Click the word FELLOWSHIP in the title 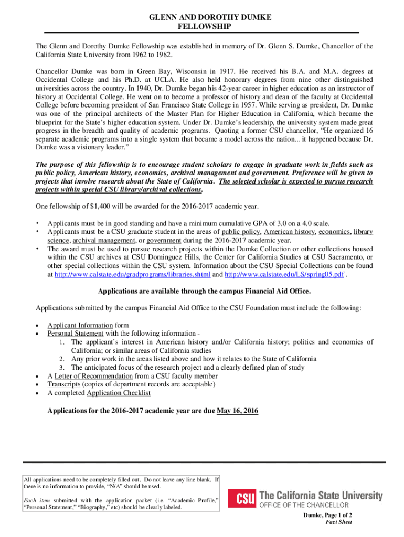click(x=201, y=26)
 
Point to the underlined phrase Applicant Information click(x=80, y=325)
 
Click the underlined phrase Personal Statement click(x=75, y=334)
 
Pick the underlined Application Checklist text click(x=119, y=393)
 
